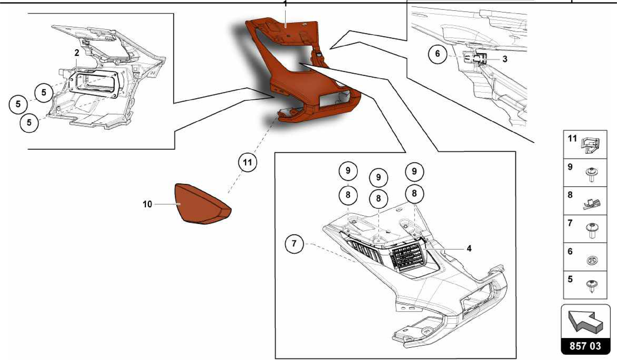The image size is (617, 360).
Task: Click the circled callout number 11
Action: coord(247,163)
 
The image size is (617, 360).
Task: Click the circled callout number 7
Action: coord(294,243)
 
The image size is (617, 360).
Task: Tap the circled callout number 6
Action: coord(437,54)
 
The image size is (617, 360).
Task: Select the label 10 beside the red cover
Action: coord(147,204)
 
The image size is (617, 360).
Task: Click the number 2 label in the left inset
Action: coord(77,53)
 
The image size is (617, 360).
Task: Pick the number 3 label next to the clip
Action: coord(505,59)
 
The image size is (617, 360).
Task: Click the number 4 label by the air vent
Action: coord(469,249)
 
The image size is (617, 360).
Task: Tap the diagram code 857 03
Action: coord(585,346)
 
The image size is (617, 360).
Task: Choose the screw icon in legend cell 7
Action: coord(592,230)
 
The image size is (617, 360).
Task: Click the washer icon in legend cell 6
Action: coord(592,260)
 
